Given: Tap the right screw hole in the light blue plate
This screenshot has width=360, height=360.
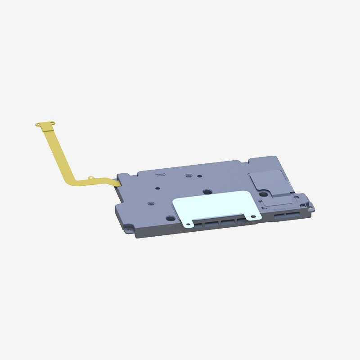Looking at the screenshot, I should point(250,216).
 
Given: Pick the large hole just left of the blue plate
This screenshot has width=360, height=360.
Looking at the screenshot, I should point(170,218).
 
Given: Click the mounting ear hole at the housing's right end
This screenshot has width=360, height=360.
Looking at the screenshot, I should point(310,207).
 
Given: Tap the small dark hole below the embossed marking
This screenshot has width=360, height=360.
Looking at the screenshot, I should point(158,189).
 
